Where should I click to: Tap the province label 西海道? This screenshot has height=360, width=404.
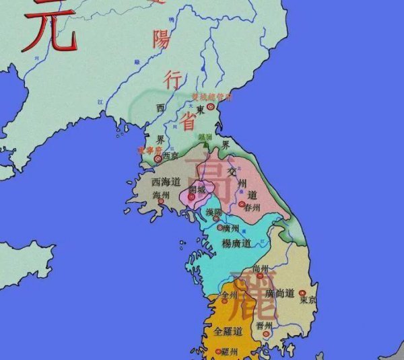[166, 182]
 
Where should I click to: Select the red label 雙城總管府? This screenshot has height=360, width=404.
[212, 97]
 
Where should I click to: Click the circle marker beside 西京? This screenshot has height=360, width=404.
[158, 159]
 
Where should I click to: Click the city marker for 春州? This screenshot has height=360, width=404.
[241, 204]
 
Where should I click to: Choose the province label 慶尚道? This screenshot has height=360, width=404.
[280, 293]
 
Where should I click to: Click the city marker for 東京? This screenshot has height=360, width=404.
[303, 293]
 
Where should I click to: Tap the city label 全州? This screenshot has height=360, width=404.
[230, 295]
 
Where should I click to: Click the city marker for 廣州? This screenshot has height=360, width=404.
[220, 228]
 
